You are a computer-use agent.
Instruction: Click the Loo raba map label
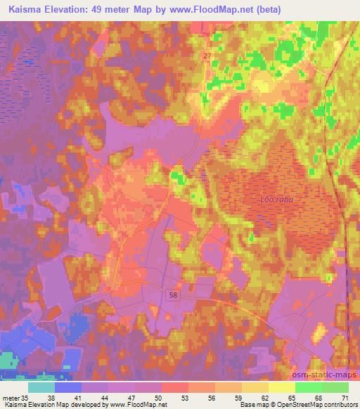(274, 200)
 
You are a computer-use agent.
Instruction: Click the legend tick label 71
(345, 397)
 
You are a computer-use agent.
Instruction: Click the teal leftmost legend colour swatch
(41, 387)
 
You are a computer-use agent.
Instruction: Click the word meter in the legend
(11, 397)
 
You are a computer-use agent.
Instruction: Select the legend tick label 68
(319, 397)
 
